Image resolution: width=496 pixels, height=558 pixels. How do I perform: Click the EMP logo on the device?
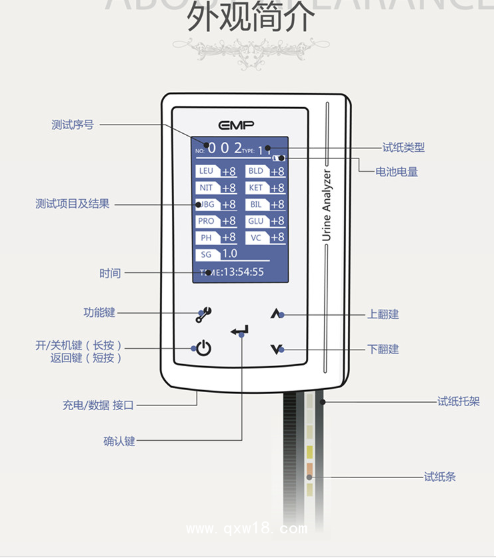235,125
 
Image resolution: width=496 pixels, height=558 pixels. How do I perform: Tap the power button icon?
203,348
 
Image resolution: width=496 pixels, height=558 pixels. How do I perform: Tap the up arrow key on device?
277,314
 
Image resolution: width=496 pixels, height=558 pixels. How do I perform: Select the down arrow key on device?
277,349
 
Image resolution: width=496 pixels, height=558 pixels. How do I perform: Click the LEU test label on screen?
206,171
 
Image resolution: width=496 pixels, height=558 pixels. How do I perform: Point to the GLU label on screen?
256,221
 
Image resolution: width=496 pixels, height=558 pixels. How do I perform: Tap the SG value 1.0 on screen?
229,254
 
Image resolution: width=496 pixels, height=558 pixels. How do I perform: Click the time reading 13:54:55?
243,272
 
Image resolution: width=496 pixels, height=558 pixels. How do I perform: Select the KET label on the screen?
256,188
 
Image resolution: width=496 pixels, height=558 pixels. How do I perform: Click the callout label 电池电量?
397,172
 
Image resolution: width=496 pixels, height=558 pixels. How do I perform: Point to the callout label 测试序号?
73,125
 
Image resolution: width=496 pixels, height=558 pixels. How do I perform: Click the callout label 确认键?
119,441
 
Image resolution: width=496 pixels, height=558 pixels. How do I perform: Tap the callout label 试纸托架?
456,402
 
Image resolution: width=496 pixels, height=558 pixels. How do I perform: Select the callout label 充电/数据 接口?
98,405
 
